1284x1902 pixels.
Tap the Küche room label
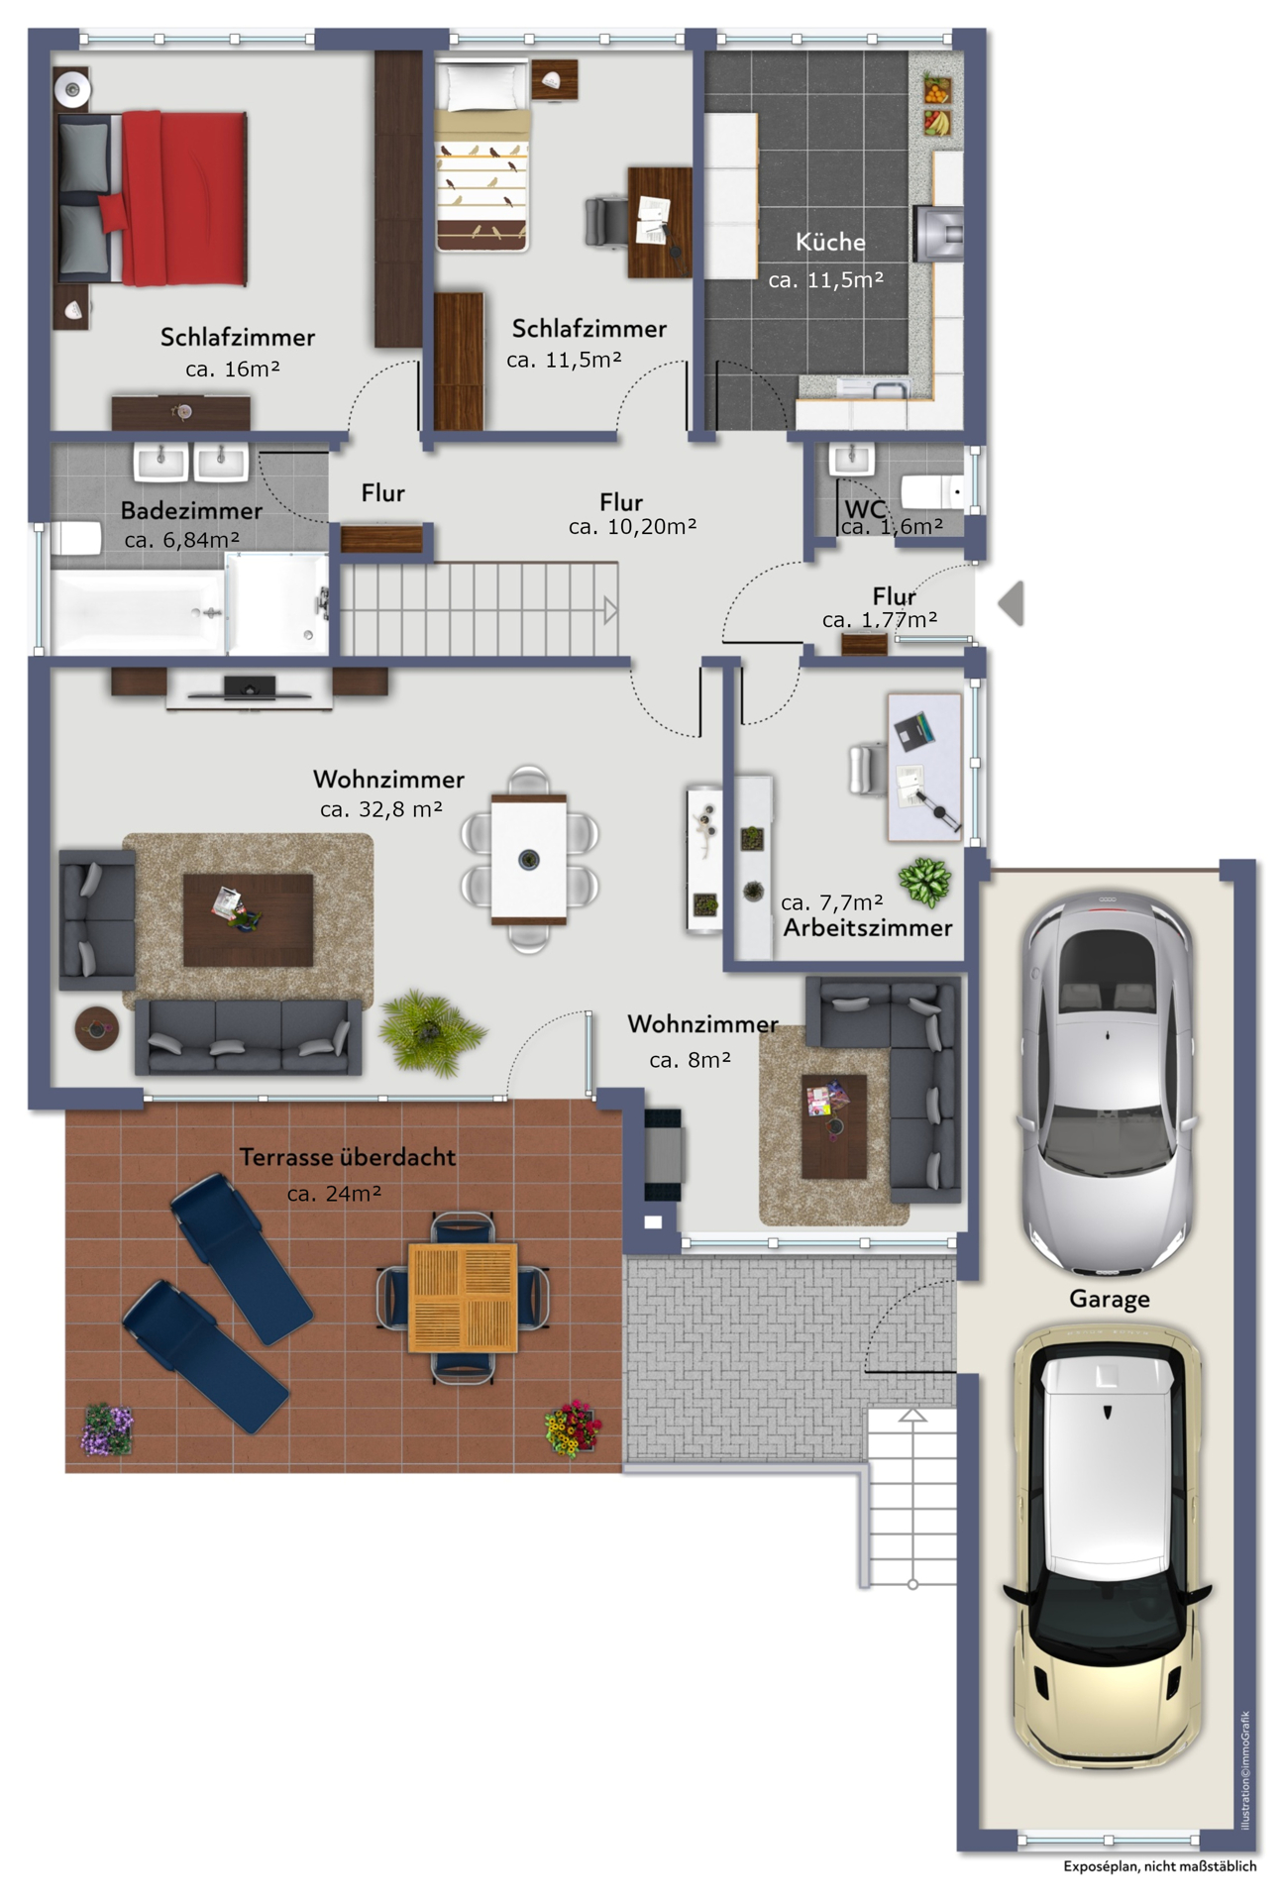click(830, 242)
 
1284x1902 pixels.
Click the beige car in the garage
click(1108, 1545)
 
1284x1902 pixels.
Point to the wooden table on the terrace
click(463, 1298)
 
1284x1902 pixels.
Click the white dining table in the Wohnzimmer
click(529, 859)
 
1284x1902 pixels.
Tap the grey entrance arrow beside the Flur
click(1011, 603)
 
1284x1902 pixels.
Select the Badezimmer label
click(191, 511)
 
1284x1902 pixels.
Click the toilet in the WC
click(933, 491)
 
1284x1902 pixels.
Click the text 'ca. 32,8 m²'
click(381, 809)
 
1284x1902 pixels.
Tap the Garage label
click(1110, 1299)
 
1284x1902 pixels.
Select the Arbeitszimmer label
click(868, 928)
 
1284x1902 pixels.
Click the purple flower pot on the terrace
click(107, 1429)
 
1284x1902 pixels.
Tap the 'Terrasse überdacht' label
click(348, 1157)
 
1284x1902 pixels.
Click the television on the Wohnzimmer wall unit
click(250, 688)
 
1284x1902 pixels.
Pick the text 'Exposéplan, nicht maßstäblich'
click(1159, 1866)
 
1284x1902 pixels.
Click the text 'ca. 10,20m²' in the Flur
click(632, 527)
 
